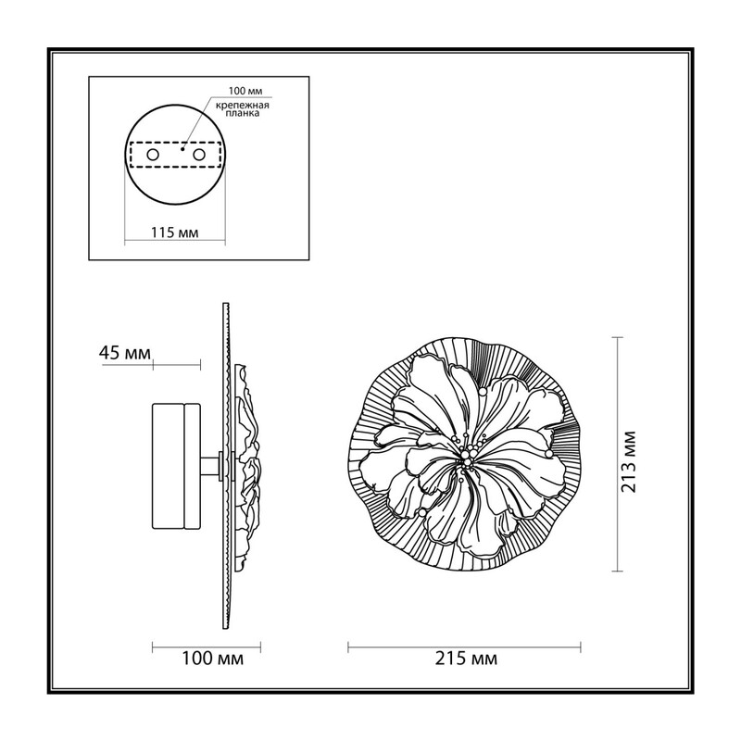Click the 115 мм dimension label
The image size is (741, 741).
click(174, 232)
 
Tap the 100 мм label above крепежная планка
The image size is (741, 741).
click(245, 91)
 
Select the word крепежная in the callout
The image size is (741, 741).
click(243, 106)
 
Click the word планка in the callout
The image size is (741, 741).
click(243, 114)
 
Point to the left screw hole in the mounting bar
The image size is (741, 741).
click(153, 155)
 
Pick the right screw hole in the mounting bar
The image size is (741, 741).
click(199, 155)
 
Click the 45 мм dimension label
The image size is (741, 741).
click(125, 353)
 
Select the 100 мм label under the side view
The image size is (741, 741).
click(213, 659)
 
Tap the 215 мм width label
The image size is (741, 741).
click(466, 659)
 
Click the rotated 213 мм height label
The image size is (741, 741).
click(628, 461)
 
